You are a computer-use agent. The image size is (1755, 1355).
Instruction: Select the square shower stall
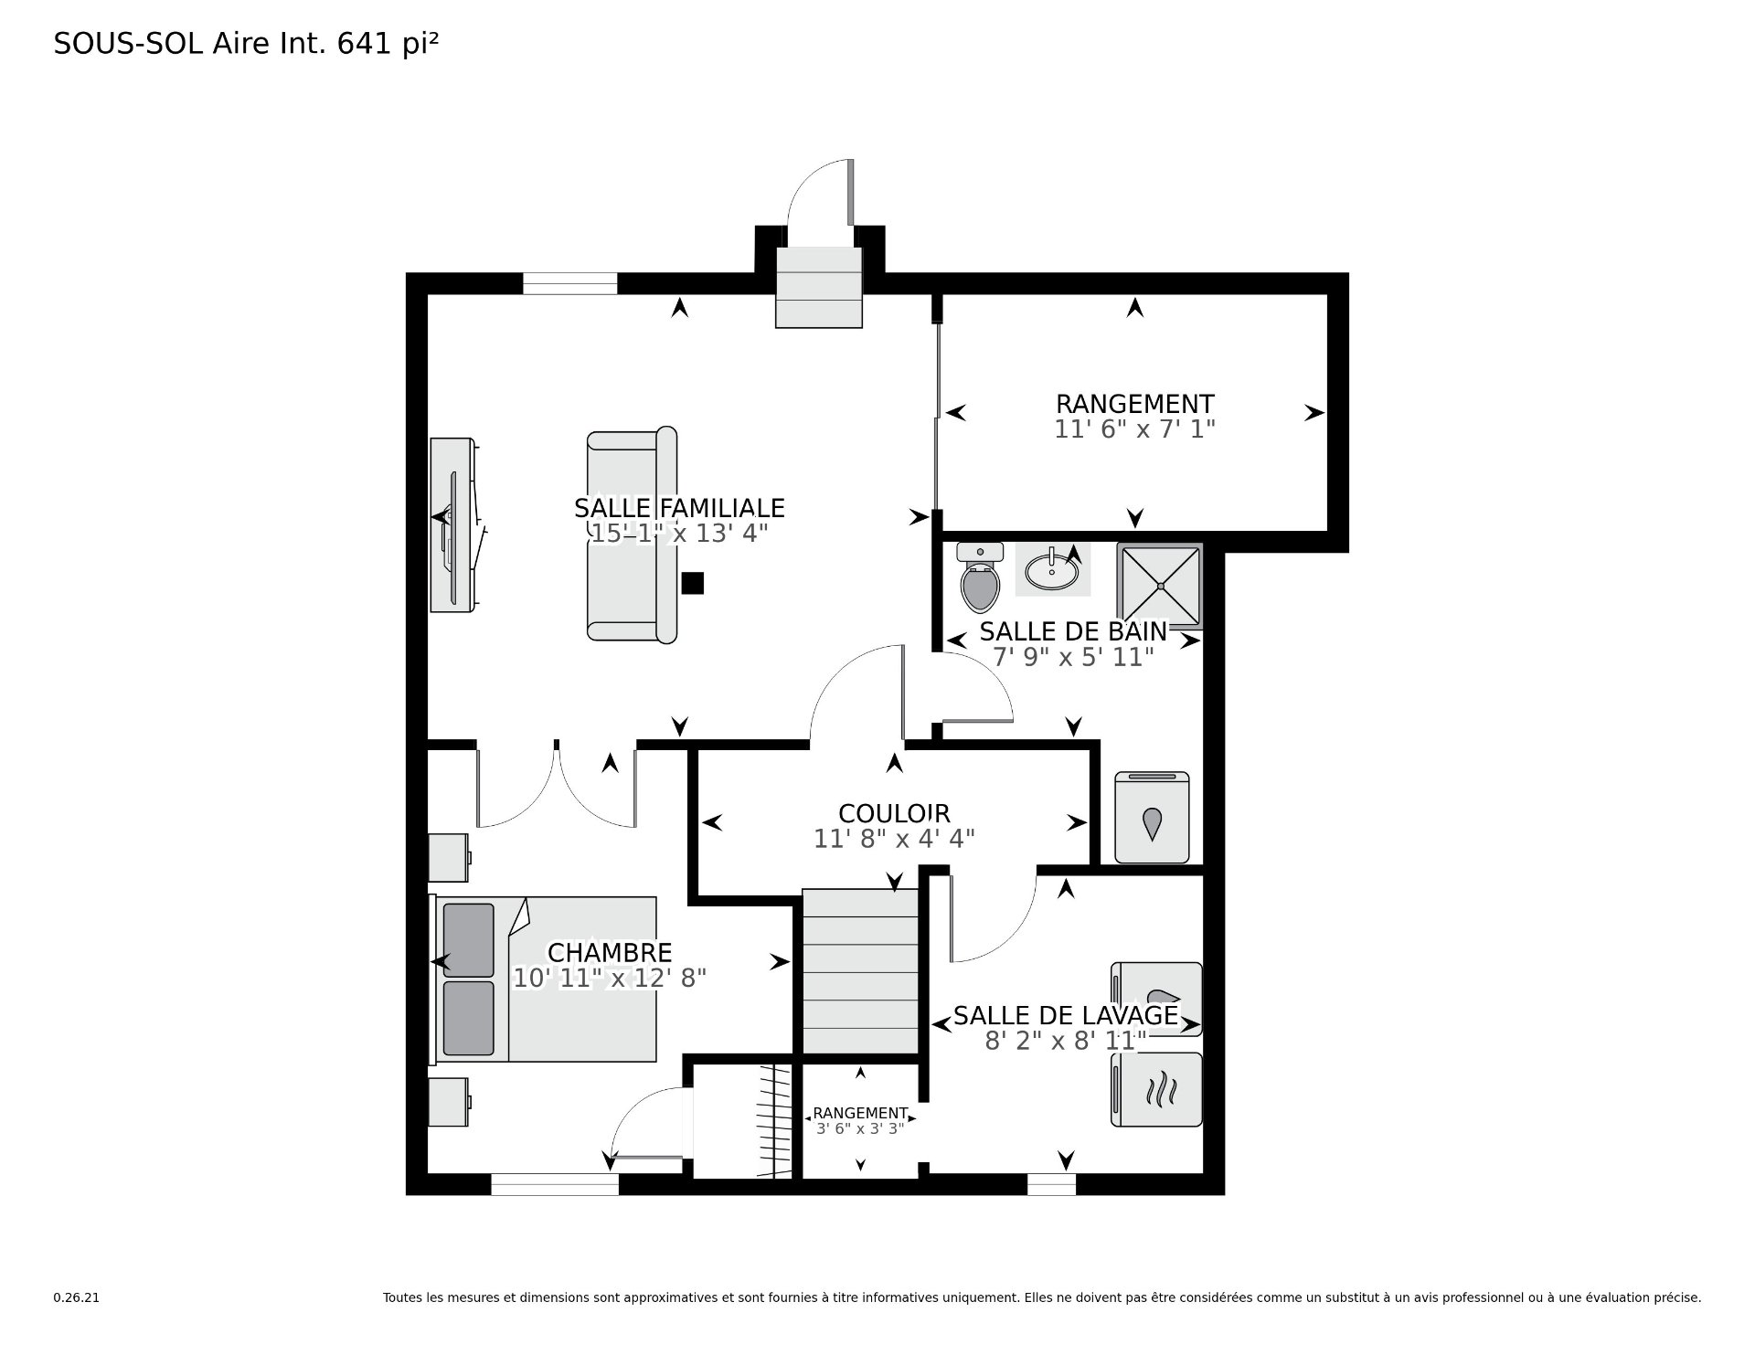tap(1159, 586)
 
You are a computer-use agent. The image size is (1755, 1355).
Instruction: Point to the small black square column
tap(693, 583)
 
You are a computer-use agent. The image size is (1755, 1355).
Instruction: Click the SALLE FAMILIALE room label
tap(679, 507)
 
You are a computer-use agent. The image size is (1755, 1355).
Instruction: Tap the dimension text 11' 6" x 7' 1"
tap(1134, 429)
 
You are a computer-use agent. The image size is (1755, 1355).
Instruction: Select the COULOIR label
tap(894, 813)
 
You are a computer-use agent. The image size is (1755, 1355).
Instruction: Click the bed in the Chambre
tap(545, 979)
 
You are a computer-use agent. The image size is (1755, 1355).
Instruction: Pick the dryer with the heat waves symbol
tap(1156, 1089)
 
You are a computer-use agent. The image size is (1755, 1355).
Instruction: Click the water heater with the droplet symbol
tap(1152, 817)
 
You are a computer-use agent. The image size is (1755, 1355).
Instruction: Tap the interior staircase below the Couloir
tap(860, 971)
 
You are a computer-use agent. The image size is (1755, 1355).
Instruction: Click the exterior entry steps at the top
tap(819, 286)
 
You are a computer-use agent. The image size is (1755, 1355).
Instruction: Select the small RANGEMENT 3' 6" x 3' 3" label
tap(860, 1120)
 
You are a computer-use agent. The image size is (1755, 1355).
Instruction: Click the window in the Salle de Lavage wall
tap(1051, 1184)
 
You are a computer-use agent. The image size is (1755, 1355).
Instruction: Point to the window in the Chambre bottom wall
tap(555, 1184)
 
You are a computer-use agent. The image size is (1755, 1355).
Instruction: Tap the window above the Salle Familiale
tap(570, 283)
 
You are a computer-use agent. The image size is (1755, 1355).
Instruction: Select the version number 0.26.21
tap(76, 1297)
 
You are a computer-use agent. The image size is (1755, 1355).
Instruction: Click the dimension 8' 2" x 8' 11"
tap(1066, 1041)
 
